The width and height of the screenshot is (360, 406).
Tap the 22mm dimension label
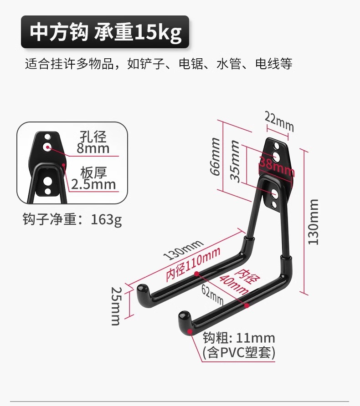[x=279, y=122]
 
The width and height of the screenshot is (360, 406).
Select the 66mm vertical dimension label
[x=215, y=157]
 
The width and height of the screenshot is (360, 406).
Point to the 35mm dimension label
[x=234, y=161]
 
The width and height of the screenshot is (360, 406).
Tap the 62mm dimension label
[x=212, y=295]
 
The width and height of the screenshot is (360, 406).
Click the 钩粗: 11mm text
[x=239, y=338]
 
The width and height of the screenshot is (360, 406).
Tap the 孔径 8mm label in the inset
[x=93, y=142]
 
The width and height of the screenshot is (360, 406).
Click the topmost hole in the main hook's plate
[x=276, y=147]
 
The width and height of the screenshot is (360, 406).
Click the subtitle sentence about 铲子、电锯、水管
[x=158, y=64]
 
